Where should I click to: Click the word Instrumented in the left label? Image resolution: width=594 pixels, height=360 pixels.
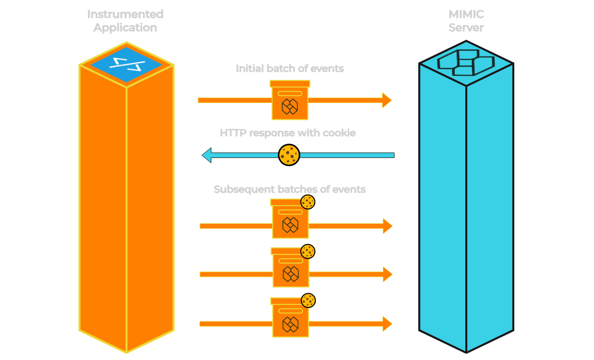[x=125, y=14]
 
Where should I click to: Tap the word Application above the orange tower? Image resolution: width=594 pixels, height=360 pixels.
[x=125, y=28]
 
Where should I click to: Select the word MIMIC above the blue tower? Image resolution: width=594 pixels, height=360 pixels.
[x=465, y=14]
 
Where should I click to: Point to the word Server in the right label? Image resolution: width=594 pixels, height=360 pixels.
[x=465, y=28]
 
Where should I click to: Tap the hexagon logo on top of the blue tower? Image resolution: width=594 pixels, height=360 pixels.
[x=466, y=63]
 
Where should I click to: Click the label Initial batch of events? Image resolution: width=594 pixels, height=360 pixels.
[x=290, y=69]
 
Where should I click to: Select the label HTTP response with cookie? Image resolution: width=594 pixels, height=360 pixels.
[x=288, y=133]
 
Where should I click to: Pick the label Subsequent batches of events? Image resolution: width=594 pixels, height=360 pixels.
[x=290, y=190]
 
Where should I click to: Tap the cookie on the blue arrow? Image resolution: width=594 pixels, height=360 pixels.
[x=289, y=155]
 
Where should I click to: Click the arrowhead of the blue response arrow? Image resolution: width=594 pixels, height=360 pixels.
[x=207, y=155]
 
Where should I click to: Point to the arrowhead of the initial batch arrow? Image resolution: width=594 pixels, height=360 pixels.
[x=387, y=100]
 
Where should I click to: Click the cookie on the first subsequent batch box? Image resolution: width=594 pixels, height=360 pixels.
[x=307, y=202]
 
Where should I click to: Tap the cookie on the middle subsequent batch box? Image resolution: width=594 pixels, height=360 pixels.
[x=307, y=252]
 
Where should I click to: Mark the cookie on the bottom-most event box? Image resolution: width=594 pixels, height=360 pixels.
[x=308, y=301]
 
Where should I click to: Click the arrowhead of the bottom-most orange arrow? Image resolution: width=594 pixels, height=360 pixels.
[x=387, y=324]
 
